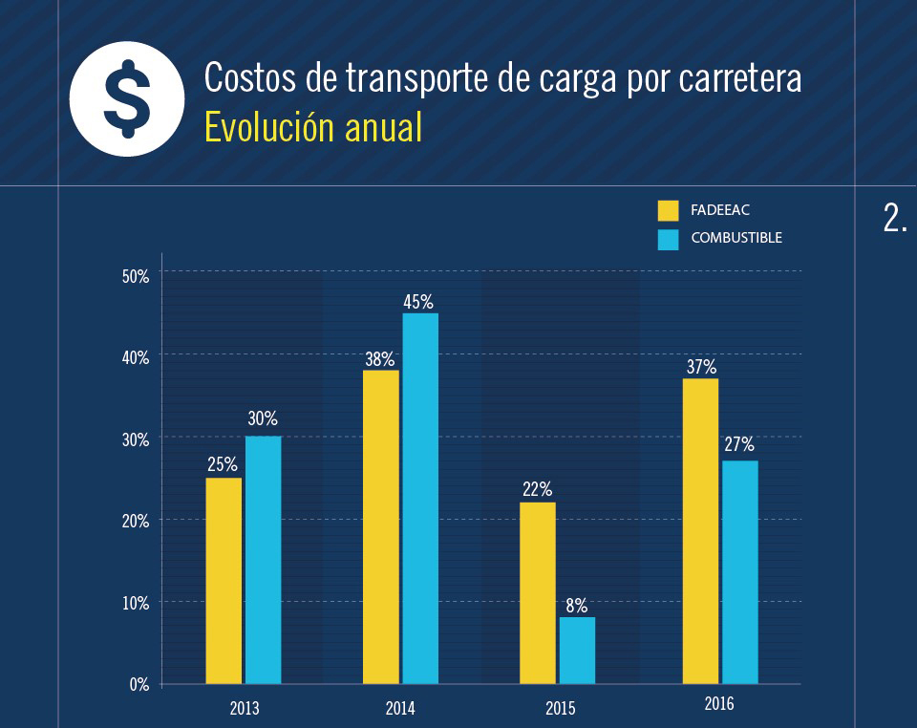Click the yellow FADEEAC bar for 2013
coord(224,580)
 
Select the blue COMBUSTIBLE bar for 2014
coord(420,498)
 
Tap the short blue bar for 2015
coord(577,650)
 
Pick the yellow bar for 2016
coord(700,530)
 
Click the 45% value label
coord(418,302)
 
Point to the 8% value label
coord(576,606)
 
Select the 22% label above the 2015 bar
coord(537,490)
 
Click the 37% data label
coord(700,367)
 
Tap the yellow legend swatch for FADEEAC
coord(668,210)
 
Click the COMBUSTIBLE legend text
coord(736,238)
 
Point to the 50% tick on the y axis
coord(136,276)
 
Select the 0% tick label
coord(139,684)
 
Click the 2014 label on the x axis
coord(400,709)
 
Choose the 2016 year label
coord(719,705)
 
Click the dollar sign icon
coord(127,98)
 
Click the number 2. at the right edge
coord(895,220)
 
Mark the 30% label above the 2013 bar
coord(263,418)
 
